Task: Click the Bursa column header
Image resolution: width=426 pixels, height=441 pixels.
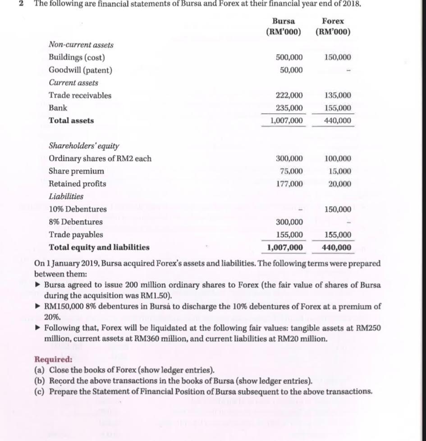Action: tap(284, 21)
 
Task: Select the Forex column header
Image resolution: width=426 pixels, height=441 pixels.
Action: tap(333, 21)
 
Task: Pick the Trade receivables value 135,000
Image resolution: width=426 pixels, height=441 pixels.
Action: tap(338, 96)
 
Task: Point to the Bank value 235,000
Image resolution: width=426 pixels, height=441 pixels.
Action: tap(289, 108)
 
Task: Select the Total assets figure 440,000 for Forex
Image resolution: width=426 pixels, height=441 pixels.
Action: tap(338, 121)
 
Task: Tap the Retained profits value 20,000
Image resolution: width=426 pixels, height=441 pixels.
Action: tap(339, 184)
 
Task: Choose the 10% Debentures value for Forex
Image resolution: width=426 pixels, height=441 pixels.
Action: tap(338, 209)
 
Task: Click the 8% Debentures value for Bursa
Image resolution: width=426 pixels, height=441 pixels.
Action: tap(289, 222)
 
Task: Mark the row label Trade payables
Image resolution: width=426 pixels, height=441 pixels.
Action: tap(76, 234)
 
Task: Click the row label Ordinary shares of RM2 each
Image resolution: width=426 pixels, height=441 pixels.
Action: tap(100, 159)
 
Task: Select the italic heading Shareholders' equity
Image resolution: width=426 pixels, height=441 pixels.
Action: tap(84, 146)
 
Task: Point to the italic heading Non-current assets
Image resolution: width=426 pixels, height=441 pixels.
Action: tap(81, 45)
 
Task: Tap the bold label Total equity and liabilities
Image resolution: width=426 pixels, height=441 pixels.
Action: tap(99, 247)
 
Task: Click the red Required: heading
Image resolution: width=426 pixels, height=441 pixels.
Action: tap(53, 359)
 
